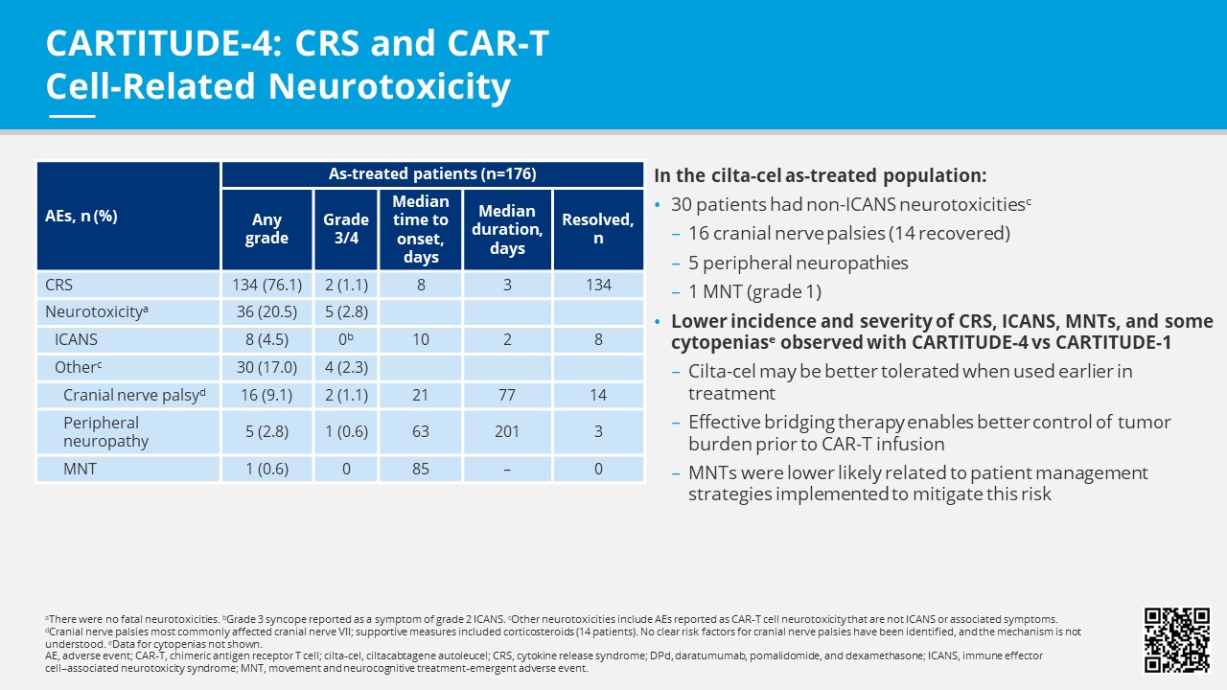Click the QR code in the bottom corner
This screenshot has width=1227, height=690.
[1177, 640]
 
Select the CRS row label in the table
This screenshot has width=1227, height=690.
[58, 285]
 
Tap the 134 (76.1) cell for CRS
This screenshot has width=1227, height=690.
[266, 285]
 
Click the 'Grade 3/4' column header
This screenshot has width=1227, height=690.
[346, 229]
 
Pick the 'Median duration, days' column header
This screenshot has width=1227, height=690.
[507, 229]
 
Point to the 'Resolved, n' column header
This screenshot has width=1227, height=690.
[598, 229]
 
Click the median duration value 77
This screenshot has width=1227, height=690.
[507, 395]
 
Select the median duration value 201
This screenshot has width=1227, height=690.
[507, 431]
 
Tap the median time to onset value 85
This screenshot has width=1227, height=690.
[421, 469]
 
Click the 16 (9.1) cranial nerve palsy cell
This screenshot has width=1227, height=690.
[266, 395]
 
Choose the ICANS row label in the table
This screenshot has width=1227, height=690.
[76, 339]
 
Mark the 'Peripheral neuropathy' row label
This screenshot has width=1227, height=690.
[101, 431]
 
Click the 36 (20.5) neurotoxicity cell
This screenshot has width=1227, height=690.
[266, 311]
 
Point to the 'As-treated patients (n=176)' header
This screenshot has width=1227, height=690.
[432, 174]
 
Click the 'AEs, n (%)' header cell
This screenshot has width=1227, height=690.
[81, 216]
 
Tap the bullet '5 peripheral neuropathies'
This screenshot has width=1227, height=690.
[798, 263]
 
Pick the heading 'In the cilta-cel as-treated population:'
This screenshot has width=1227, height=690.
[820, 176]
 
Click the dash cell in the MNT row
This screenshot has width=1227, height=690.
[507, 469]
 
